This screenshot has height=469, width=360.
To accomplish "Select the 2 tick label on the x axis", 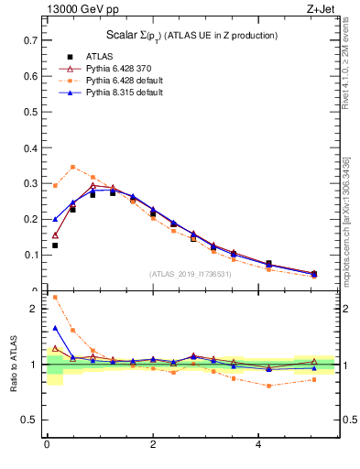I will coord(152,445).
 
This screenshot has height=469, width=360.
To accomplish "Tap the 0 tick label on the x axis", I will coord(46,445).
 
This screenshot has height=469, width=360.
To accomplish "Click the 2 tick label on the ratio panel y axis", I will coord(35,309).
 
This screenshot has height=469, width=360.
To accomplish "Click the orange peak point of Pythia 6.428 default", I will coord(73,167).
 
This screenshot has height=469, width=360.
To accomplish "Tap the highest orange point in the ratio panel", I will coord(55,297).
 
